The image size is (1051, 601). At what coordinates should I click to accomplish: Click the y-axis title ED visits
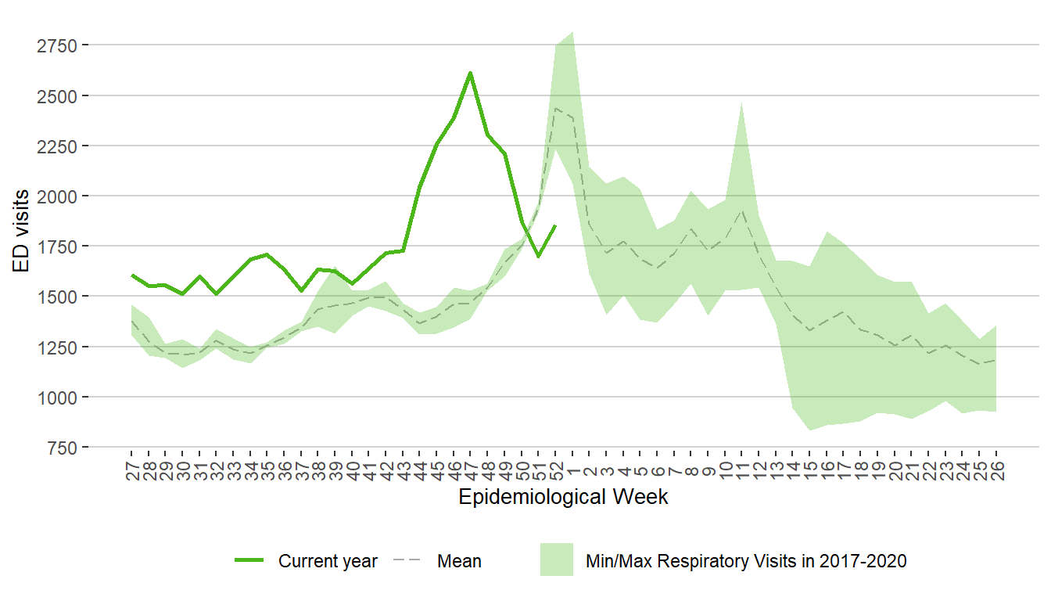click(23, 231)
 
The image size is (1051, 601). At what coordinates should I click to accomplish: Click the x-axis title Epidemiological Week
click(563, 497)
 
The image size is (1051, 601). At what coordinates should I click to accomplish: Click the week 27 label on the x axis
click(131, 470)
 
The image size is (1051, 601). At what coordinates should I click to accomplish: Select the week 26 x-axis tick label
click(996, 470)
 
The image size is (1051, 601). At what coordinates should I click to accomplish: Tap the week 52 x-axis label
click(555, 470)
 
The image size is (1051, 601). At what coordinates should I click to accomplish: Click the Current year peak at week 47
click(470, 73)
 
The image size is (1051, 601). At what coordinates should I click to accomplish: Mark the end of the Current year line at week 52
click(555, 225)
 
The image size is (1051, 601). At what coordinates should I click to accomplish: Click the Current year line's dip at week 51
click(538, 256)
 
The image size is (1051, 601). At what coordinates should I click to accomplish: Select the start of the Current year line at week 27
click(131, 275)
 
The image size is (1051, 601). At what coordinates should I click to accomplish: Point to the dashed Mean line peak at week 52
click(555, 109)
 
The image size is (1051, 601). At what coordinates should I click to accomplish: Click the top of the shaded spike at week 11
click(741, 102)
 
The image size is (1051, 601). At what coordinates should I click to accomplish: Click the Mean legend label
click(459, 561)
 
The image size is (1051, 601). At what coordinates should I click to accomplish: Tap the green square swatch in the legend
click(556, 560)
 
